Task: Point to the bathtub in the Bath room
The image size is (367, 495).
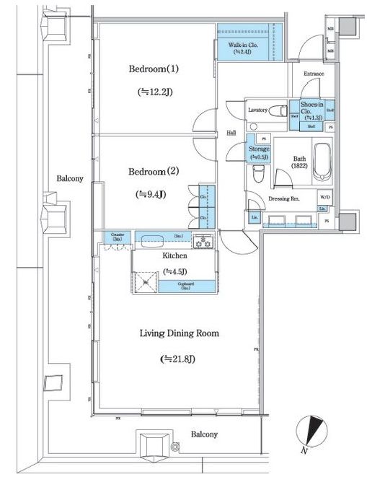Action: (x=323, y=164)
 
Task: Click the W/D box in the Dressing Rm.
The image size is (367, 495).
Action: (x=325, y=196)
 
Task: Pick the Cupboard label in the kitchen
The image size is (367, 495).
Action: (x=185, y=286)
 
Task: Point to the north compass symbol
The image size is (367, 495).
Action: (x=311, y=432)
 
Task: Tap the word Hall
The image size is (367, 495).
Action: (x=231, y=133)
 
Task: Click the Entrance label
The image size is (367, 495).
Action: (x=313, y=74)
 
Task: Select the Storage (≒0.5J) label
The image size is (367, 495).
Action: (x=259, y=152)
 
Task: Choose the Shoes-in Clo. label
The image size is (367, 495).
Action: (x=311, y=110)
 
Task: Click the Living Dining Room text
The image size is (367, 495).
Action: (x=179, y=333)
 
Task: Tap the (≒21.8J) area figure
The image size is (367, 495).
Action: (x=178, y=359)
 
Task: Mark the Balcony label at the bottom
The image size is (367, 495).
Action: (x=204, y=434)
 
